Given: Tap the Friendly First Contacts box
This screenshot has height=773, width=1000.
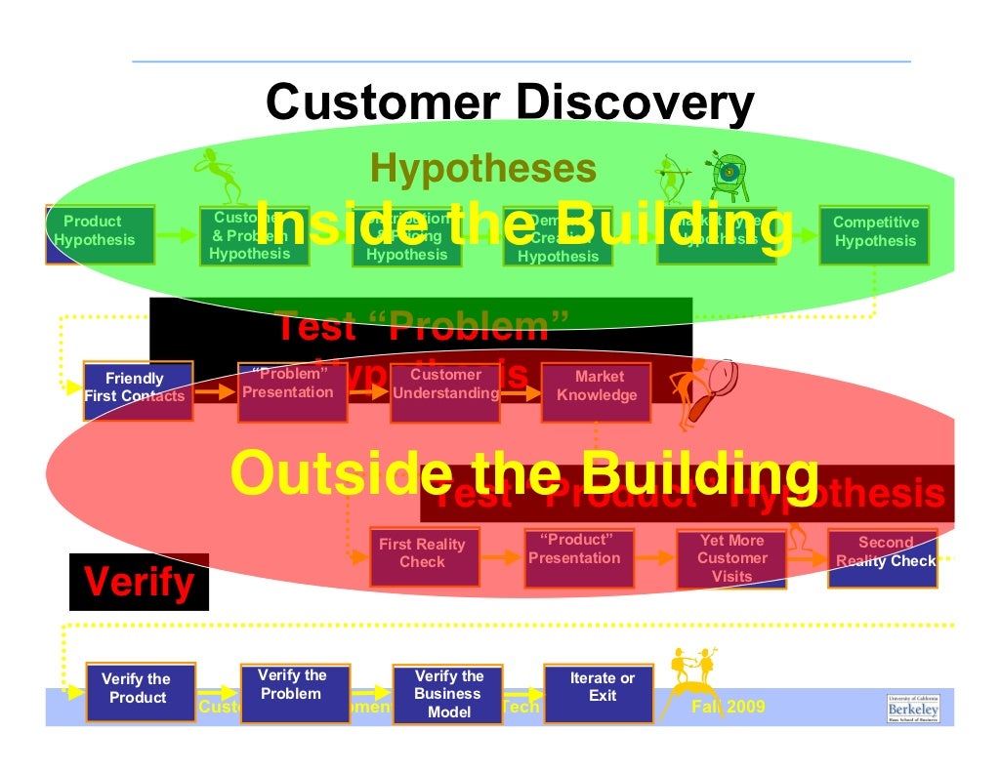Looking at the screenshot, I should click(x=138, y=388).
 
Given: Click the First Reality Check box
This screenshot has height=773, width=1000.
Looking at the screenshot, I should click(x=423, y=555).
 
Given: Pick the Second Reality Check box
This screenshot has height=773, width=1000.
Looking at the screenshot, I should click(x=883, y=557).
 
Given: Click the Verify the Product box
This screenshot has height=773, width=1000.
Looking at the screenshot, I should click(x=139, y=692).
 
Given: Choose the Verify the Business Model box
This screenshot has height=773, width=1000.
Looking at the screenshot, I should click(x=448, y=693).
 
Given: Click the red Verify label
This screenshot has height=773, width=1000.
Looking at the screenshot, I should click(x=139, y=583).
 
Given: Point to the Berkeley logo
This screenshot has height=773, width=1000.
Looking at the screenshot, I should click(x=913, y=708).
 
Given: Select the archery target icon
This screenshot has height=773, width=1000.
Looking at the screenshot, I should click(x=727, y=172).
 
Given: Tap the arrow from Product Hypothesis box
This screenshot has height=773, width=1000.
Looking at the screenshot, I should click(x=177, y=235).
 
